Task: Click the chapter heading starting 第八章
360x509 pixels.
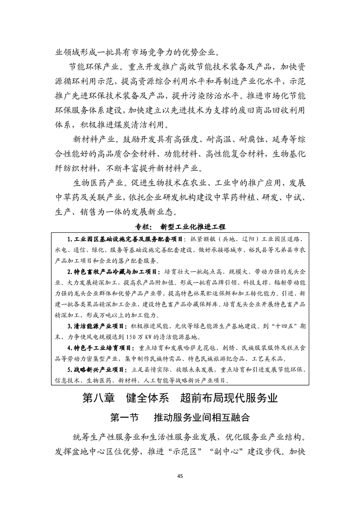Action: click(180, 399)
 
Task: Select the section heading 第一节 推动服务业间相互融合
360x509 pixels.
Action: click(180, 417)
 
